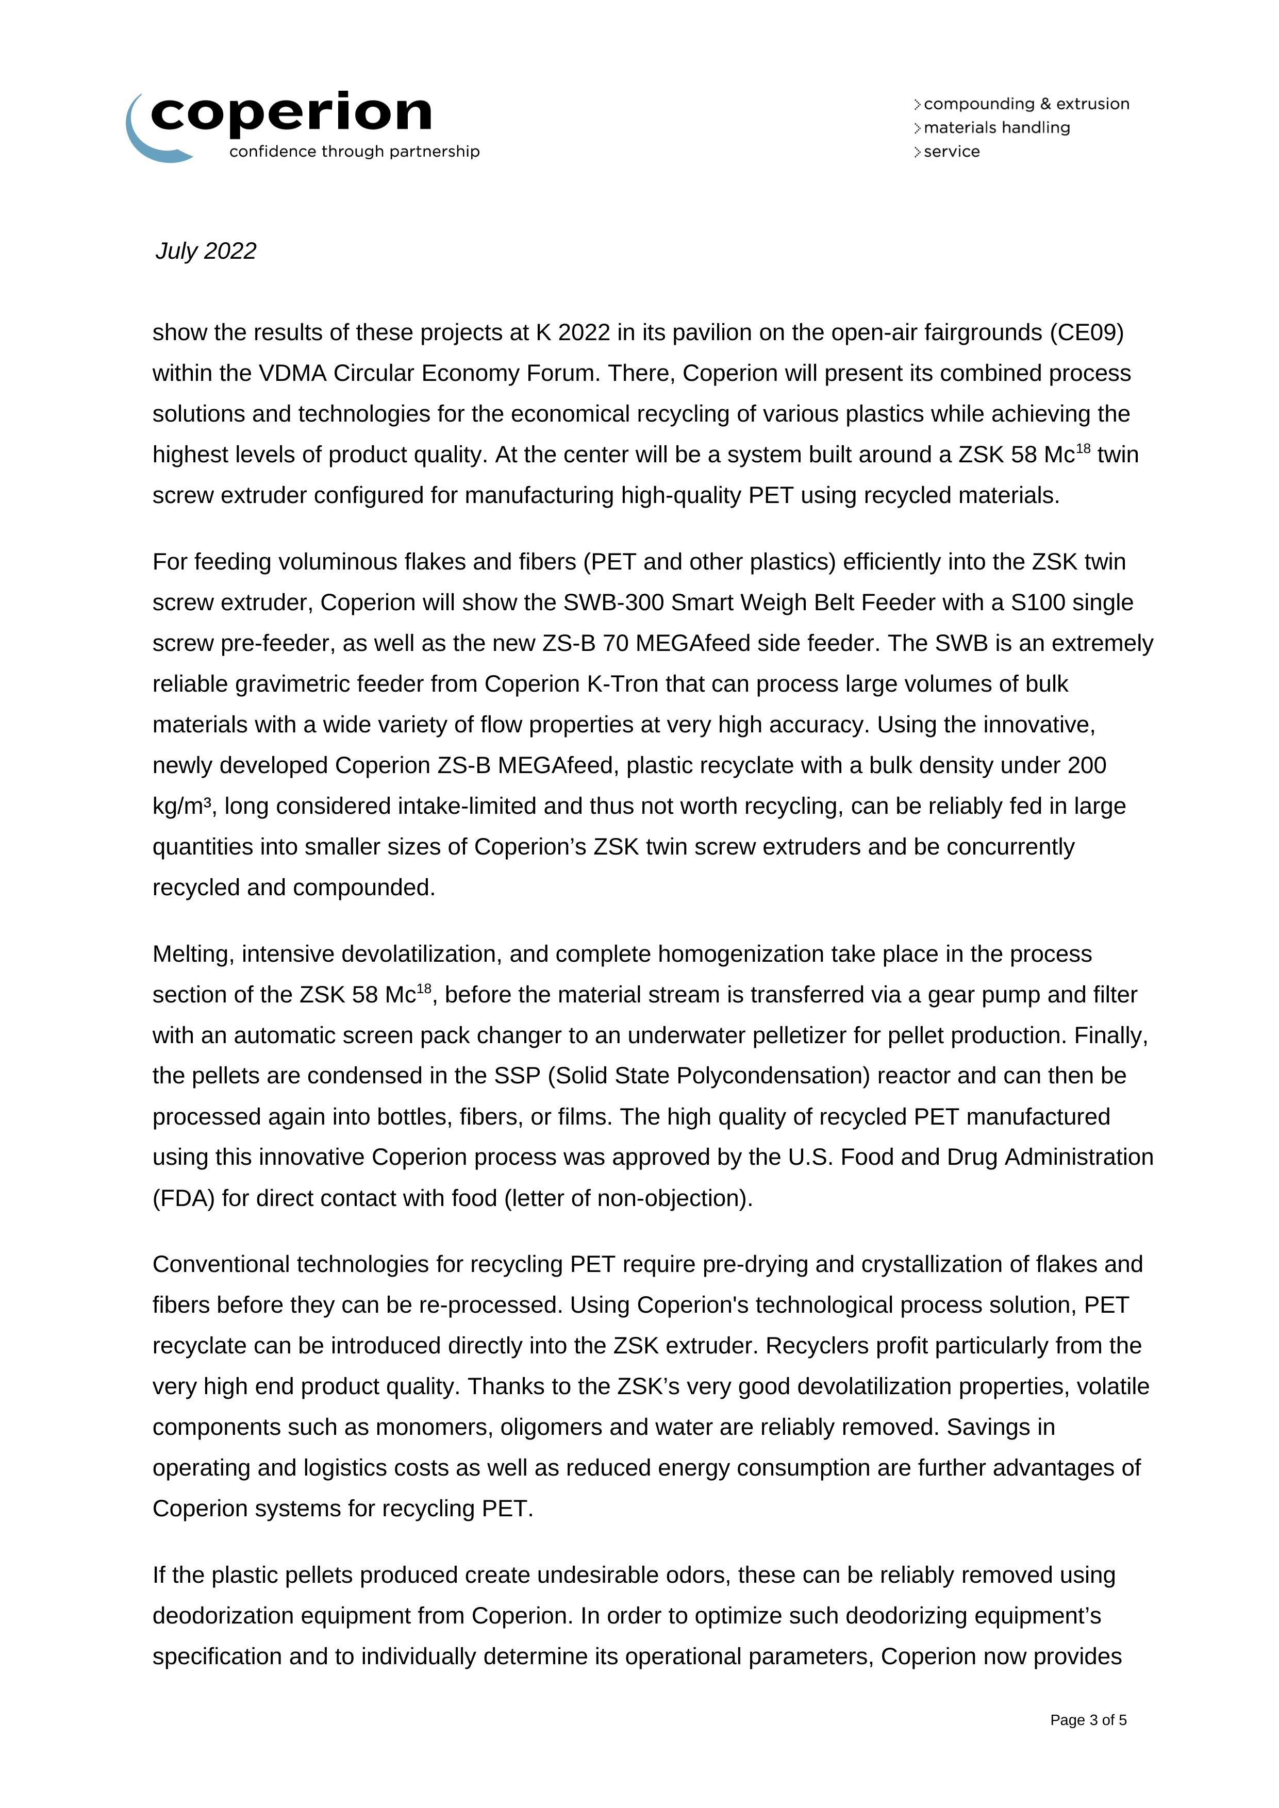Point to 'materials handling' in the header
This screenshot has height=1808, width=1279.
click(x=996, y=128)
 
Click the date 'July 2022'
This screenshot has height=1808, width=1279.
click(x=206, y=250)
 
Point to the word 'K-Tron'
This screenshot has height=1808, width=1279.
click(x=623, y=683)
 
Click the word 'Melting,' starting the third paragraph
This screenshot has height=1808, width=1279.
click(x=194, y=953)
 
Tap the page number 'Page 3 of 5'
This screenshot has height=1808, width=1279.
click(x=1088, y=1720)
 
